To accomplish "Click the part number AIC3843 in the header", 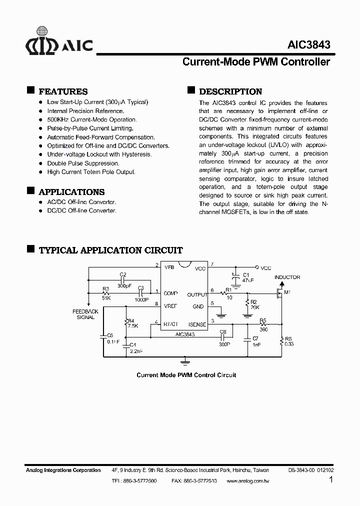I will (308, 44).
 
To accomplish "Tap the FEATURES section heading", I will (63, 91).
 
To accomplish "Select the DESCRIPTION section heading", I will (230, 91).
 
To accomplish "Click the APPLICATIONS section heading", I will (71, 192).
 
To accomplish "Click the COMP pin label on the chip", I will (171, 292).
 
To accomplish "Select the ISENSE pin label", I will (197, 324).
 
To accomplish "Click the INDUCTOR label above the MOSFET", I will (287, 277).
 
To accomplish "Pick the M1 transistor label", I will (287, 292).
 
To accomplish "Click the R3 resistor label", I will (105, 288).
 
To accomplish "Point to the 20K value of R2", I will (254, 307).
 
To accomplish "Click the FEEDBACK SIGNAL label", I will (85, 314).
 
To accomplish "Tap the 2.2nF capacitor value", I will (135, 351).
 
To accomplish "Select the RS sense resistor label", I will (287, 338).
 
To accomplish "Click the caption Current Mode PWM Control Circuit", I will (186, 375).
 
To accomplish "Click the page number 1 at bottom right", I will (331, 479).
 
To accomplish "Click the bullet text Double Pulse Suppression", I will (83, 163).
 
